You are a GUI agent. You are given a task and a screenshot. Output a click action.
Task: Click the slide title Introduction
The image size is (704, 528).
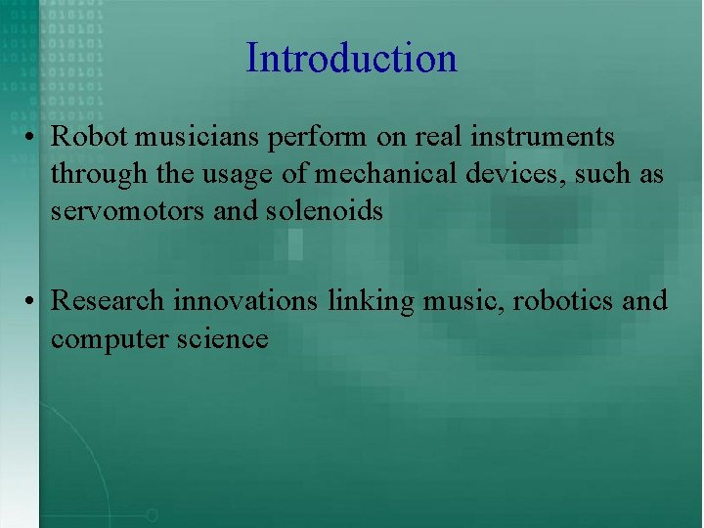pos(351,58)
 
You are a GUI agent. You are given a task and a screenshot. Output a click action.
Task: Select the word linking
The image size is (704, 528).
pos(372,301)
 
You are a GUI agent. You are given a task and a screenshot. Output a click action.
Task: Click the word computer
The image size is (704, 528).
pos(103,338)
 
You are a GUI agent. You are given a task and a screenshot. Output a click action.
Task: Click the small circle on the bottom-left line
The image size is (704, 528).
pos(152,514)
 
